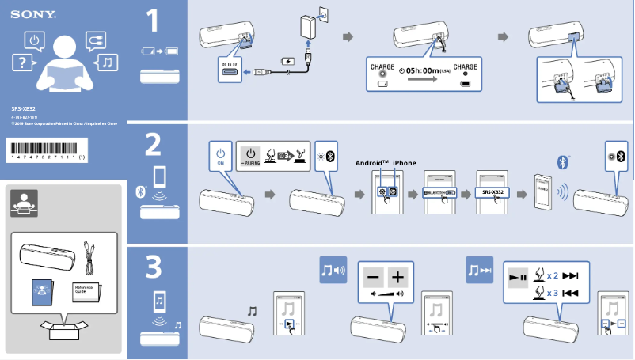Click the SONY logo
[x=26, y=14]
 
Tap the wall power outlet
[x=322, y=13]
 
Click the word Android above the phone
[x=372, y=163]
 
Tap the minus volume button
[x=374, y=278]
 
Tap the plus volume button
[x=397, y=278]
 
